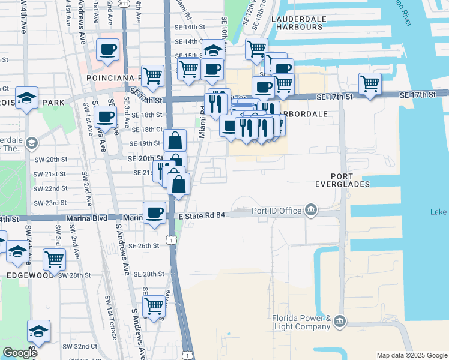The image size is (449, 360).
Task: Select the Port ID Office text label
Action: click(276, 210)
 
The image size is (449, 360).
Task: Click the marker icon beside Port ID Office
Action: click(311, 209)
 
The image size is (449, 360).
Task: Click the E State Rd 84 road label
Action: click(202, 215)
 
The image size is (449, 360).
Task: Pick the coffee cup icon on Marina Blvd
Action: click(155, 212)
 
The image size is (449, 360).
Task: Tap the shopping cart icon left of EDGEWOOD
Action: click(54, 259)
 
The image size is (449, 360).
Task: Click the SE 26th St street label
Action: click(146, 245)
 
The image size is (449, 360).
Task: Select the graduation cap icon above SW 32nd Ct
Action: click(38, 331)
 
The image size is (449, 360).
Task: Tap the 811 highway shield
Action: click(122, 4)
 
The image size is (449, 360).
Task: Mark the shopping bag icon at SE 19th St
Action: click(175, 140)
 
